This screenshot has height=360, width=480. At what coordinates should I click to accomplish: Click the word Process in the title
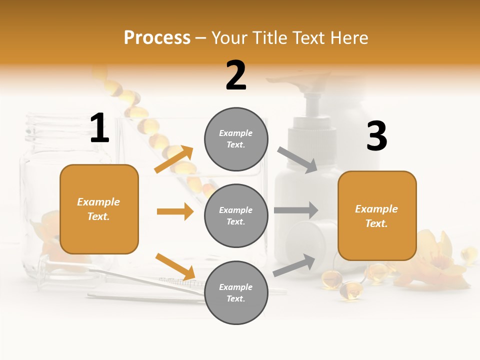157,38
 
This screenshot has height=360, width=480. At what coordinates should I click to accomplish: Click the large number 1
99,128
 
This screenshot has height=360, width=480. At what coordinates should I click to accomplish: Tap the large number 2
236,75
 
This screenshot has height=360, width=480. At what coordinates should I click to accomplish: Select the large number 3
377,136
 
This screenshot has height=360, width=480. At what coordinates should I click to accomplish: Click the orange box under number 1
99,209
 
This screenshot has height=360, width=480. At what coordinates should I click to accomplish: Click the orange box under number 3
377,216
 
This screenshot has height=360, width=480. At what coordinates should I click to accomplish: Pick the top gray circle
236,139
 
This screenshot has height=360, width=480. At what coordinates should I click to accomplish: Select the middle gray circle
236,215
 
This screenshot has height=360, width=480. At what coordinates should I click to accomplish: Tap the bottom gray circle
236,292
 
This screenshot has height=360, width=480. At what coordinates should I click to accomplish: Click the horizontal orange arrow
175,211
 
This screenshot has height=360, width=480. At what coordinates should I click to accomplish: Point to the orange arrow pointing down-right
175,266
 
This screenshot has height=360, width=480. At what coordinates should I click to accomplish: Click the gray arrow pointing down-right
297,159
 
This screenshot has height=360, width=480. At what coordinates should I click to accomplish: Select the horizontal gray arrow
295,210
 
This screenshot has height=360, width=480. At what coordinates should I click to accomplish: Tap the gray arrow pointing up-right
294,265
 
